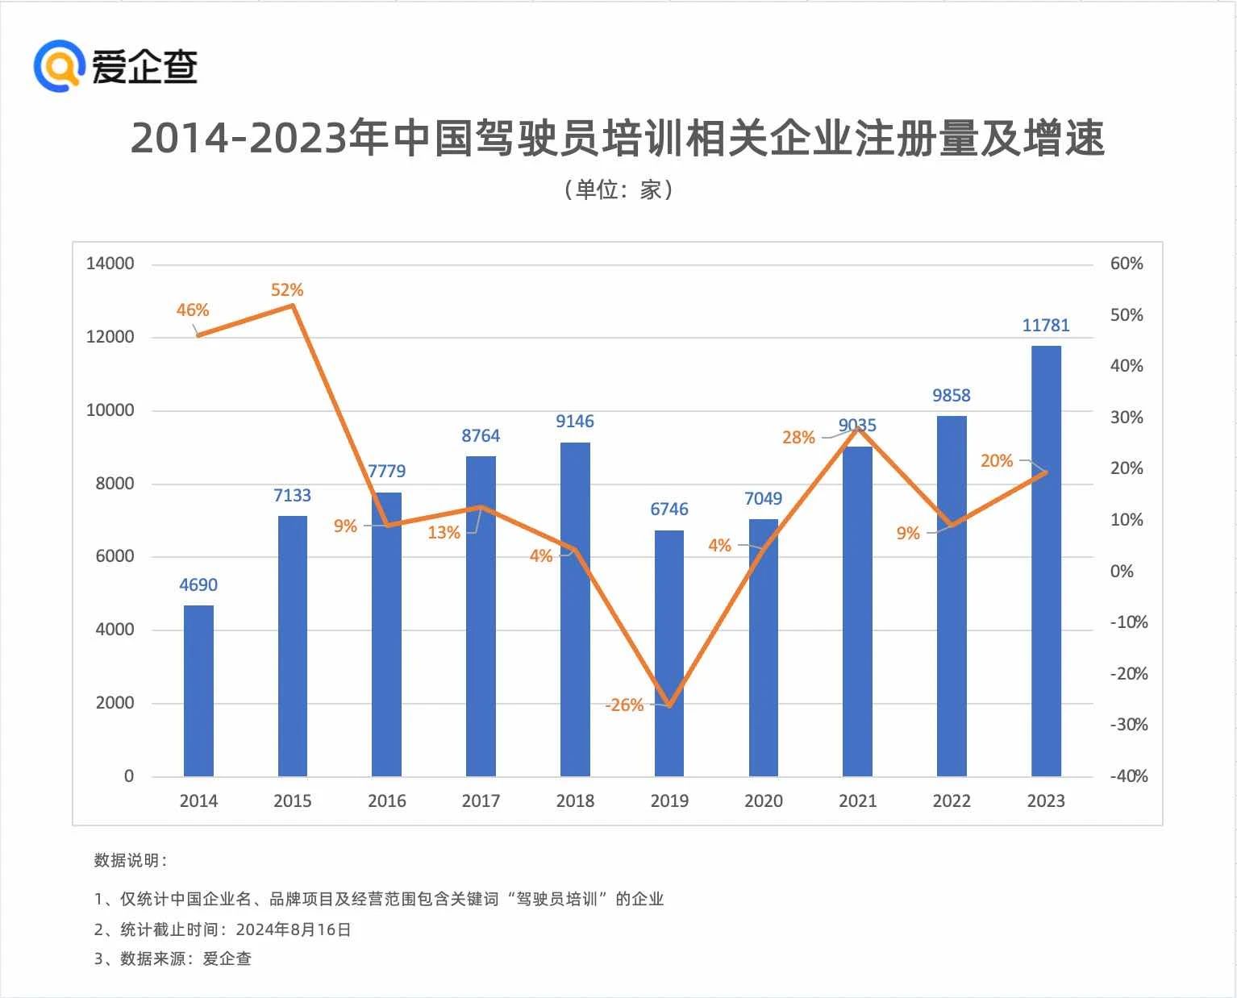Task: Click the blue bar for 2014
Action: [198, 691]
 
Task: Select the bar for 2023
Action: [1046, 561]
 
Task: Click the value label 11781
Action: [1046, 326]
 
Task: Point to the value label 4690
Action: [198, 585]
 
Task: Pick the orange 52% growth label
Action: [287, 290]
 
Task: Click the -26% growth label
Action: [624, 705]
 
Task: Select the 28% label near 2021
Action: [798, 438]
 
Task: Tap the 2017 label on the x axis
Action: [481, 801]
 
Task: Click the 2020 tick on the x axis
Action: [763, 801]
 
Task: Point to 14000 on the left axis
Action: [110, 264]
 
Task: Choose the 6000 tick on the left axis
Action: [115, 556]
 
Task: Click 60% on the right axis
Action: [1127, 264]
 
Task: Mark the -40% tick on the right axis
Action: [1128, 776]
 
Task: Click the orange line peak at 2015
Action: [293, 306]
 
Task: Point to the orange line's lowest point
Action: [669, 705]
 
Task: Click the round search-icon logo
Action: [59, 66]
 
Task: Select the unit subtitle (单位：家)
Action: [618, 190]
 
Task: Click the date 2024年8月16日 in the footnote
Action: [294, 929]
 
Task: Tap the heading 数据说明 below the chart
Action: [129, 861]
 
